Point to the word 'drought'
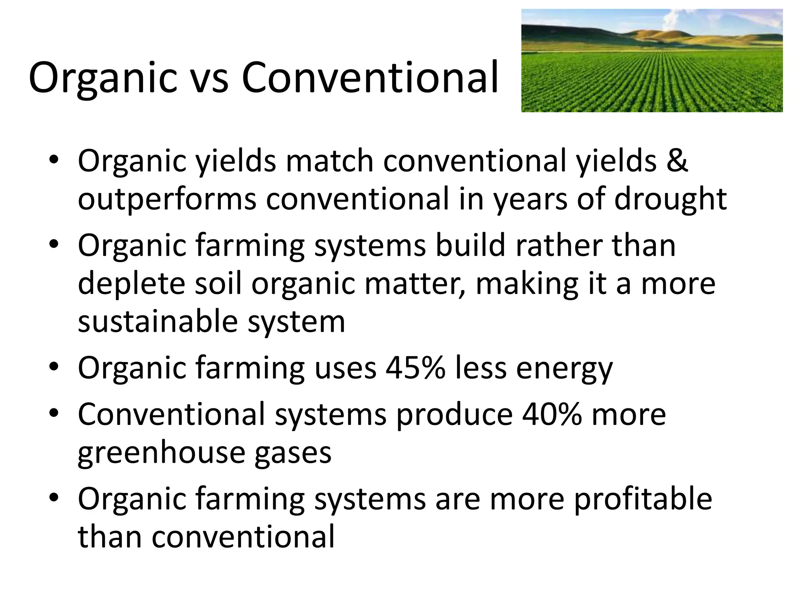point(670,200)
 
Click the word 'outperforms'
point(167,200)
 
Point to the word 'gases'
point(293,453)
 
